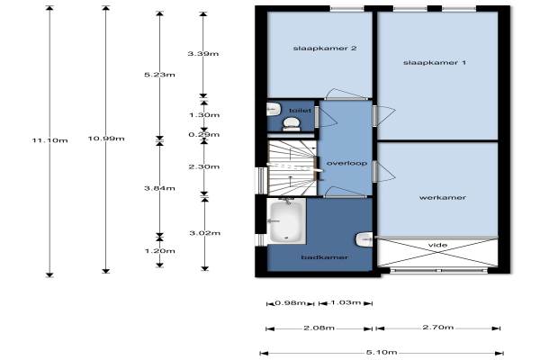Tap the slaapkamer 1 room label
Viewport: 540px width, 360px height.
point(435,63)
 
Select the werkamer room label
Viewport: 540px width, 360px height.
point(443,198)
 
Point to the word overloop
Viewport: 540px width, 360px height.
point(346,163)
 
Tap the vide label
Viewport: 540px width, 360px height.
point(437,245)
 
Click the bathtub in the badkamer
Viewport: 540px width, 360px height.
point(287,220)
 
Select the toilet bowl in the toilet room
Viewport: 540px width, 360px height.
point(292,124)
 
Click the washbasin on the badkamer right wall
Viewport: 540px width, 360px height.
point(364,239)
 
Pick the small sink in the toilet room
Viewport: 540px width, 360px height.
point(274,109)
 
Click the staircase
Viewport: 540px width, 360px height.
point(292,167)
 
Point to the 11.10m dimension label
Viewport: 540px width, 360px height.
point(49,140)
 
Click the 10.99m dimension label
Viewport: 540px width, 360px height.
point(106,139)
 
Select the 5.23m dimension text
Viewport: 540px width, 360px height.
point(159,75)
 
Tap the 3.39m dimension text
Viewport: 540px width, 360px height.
point(203,54)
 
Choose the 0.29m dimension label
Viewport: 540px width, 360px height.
point(204,135)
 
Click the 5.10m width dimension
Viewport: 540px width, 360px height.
point(382,353)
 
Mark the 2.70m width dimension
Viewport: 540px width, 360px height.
point(438,328)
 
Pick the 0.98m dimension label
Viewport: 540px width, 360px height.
point(291,303)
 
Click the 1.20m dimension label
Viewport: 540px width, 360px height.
point(160,251)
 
